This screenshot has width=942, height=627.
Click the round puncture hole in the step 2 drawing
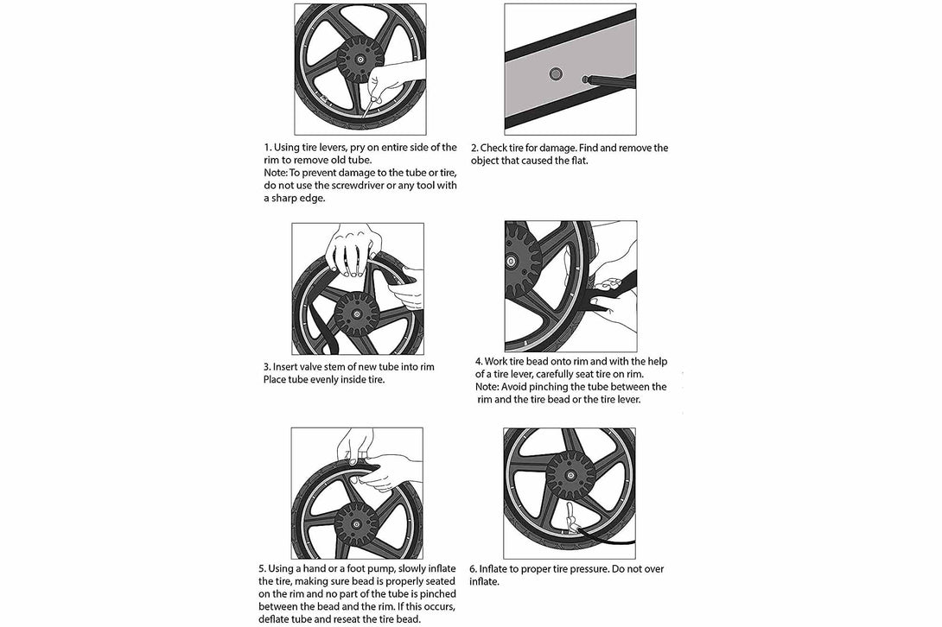(x=554, y=75)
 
